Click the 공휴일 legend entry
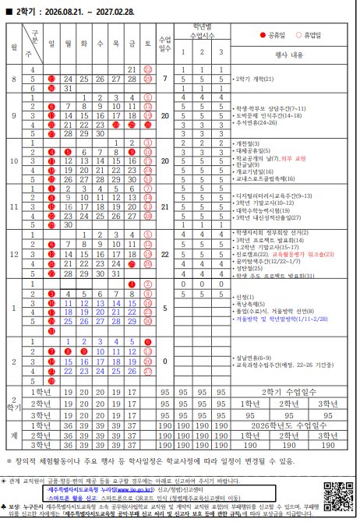coord(277,36)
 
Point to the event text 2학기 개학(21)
coord(256,79)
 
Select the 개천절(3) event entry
coord(250,143)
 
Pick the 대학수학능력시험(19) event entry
coord(267,210)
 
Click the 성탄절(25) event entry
coord(251,268)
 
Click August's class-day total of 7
coord(164,79)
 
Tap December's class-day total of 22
coord(164,254)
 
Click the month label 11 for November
coord(14,208)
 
